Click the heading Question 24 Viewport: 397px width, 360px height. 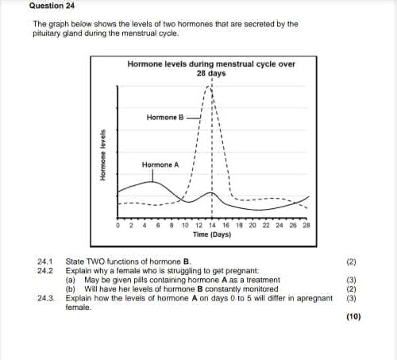(x=53, y=5)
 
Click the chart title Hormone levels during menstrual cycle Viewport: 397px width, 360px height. (x=211, y=63)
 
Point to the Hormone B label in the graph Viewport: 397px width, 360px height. (x=165, y=117)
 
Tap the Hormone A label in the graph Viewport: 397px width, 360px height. (x=160, y=165)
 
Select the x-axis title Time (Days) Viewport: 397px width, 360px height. (x=212, y=235)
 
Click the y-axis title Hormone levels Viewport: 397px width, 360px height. (x=104, y=156)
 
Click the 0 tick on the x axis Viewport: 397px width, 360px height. (x=118, y=225)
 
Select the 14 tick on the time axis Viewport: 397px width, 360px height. (x=212, y=225)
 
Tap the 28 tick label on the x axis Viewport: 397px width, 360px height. (x=306, y=225)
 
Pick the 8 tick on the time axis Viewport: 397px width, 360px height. (x=172, y=225)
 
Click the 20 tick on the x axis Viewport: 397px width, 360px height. (x=252, y=225)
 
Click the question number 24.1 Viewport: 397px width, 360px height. (x=44, y=261)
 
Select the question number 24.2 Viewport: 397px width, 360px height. (x=44, y=270)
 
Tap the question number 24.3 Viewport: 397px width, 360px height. (x=44, y=298)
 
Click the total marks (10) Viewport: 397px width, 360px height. (x=353, y=317)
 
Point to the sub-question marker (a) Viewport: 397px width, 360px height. (x=70, y=280)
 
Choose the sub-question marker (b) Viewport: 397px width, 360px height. (x=70, y=288)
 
